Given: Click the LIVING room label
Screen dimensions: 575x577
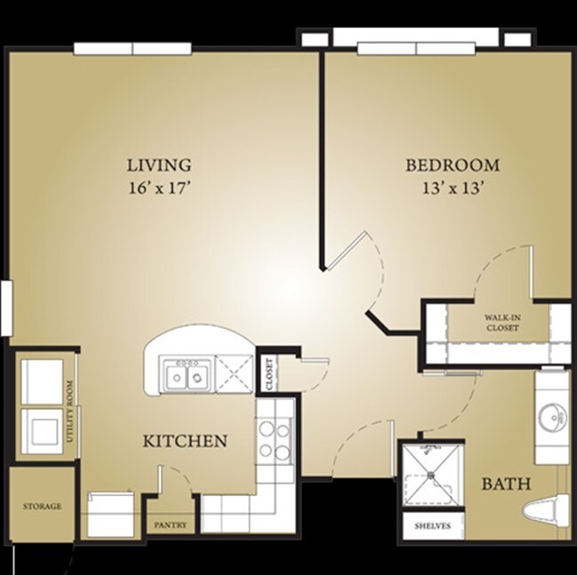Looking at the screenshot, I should pos(159,165).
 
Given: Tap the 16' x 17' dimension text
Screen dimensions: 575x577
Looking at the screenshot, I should pos(159,188).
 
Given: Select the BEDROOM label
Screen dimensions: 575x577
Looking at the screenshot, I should pos(452,165).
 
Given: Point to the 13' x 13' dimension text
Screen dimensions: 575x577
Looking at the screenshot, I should pos(453,188).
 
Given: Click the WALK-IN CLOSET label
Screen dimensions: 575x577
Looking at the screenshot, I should pos(501,322).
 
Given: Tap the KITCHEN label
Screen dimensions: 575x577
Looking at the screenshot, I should pos(186,440).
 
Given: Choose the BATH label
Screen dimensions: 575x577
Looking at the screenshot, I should pos(506,484).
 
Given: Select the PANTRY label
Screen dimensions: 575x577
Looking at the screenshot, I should pos(170,525).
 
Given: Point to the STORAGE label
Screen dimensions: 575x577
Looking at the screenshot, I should pos(42,507).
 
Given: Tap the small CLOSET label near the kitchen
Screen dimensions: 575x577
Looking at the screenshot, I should pos(267,374).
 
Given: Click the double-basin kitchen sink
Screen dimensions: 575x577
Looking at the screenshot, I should pos(186,376).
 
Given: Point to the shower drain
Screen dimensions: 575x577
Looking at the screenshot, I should pos(431,474).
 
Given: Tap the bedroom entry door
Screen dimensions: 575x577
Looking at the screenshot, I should pos(355,253).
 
